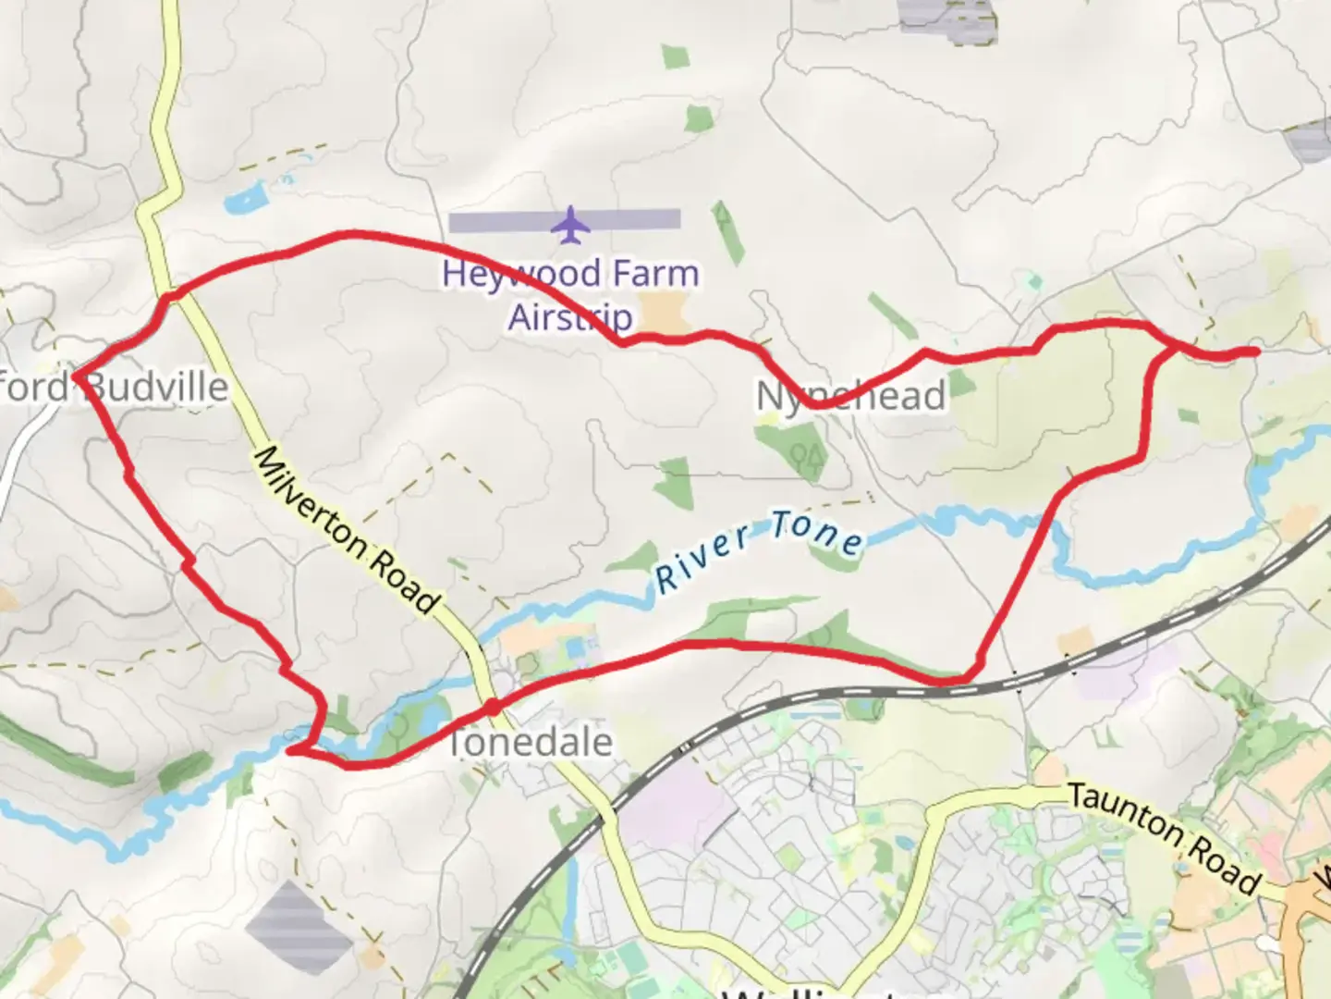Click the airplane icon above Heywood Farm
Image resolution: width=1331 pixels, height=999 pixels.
pyautogui.click(x=570, y=225)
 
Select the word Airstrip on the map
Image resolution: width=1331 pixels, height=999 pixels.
pyautogui.click(x=570, y=316)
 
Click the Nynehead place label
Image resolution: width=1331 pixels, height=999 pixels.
pyautogui.click(x=850, y=396)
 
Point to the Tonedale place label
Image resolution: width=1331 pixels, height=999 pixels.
pyautogui.click(x=531, y=742)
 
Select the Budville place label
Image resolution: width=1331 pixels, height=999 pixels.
pyautogui.click(x=157, y=387)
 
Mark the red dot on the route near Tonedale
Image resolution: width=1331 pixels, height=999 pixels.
pyautogui.click(x=493, y=708)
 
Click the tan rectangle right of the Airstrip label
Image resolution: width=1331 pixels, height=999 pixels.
pyautogui.click(x=668, y=313)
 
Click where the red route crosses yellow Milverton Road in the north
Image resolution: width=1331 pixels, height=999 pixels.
pyautogui.click(x=170, y=297)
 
